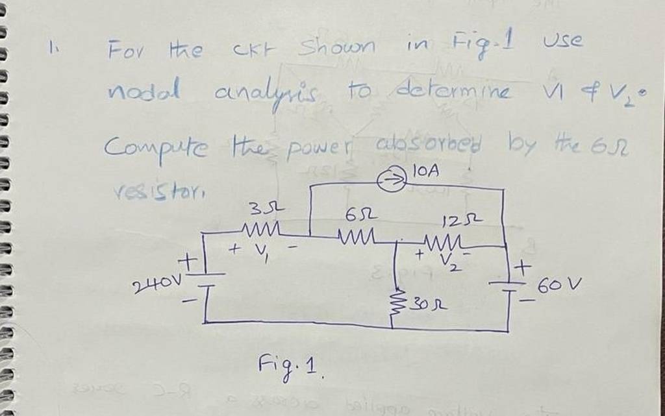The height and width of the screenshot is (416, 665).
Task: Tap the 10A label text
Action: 429,173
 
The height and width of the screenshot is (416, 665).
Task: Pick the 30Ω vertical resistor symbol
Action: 395,299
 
